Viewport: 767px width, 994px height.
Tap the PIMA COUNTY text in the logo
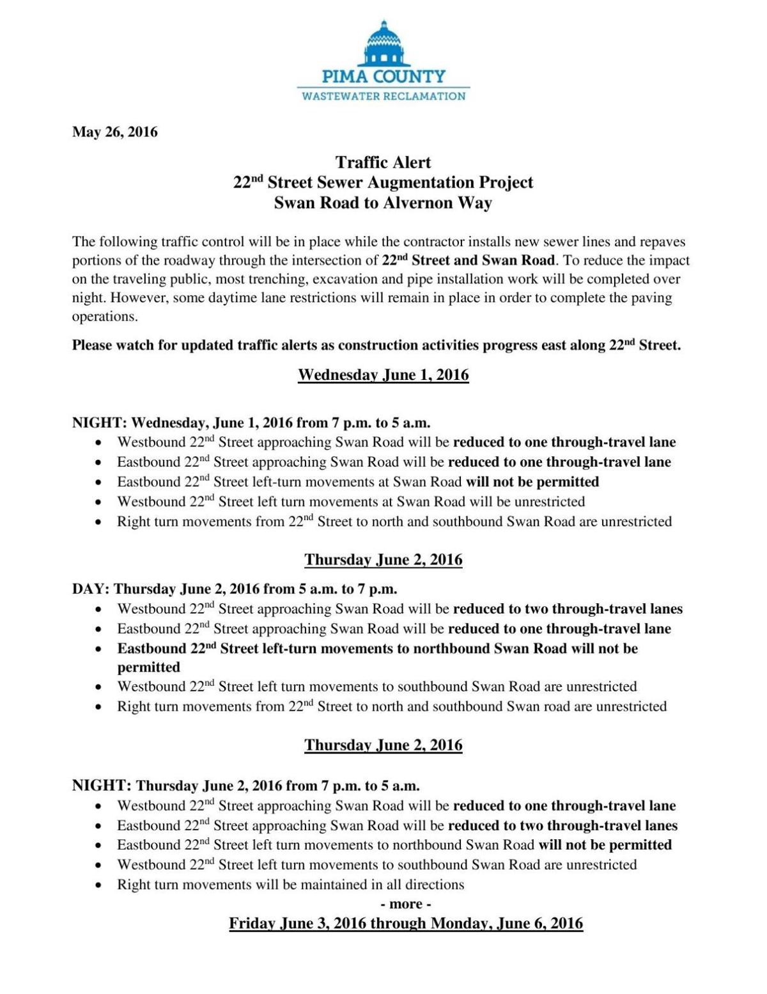pyautogui.click(x=383, y=77)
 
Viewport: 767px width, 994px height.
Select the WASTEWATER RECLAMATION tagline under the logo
pyautogui.click(x=383, y=97)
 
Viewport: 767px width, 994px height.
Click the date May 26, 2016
pyautogui.click(x=114, y=132)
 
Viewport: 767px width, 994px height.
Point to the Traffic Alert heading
pyautogui.click(x=383, y=162)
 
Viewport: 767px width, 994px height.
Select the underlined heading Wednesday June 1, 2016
pyautogui.click(x=383, y=375)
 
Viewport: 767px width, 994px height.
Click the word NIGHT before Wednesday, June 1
pyautogui.click(x=99, y=423)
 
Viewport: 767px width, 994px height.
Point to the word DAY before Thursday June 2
pyautogui.click(x=90, y=588)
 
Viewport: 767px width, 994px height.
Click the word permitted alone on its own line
pyautogui.click(x=148, y=667)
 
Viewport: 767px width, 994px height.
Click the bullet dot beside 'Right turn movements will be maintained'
pyautogui.click(x=97, y=885)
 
